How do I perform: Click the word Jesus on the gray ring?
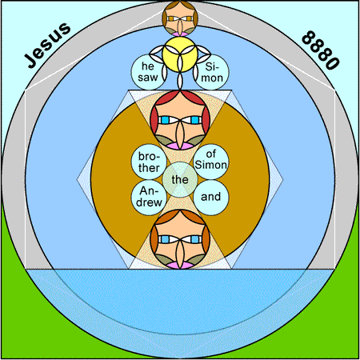47,46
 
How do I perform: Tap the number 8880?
321,50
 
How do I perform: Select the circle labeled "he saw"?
149,72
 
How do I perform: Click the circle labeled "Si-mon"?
211,72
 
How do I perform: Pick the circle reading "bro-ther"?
149,162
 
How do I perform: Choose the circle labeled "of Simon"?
211,162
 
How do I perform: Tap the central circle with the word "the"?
180,180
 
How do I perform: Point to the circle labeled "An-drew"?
149,198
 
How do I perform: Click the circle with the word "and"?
211,198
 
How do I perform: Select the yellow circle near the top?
180,54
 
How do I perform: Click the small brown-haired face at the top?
180,18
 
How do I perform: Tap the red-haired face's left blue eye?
165,120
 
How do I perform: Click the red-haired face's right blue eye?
195,120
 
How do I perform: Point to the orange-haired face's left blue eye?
165,239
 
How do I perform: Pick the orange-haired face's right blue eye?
195,239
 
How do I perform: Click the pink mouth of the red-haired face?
180,146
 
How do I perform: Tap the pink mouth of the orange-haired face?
180,265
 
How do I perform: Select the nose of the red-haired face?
180,134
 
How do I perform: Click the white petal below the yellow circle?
180,81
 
